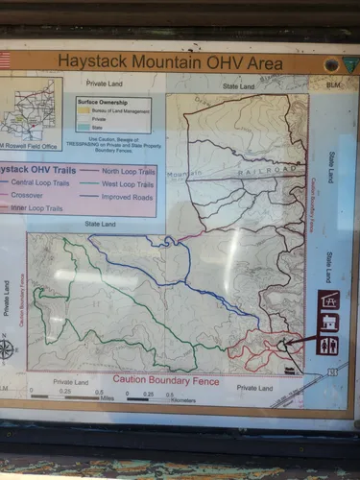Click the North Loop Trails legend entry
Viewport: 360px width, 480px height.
tap(129, 170)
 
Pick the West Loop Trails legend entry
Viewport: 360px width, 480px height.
tap(129, 183)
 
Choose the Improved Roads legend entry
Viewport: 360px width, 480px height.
tap(129, 196)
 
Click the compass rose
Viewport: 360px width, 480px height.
tap(7, 348)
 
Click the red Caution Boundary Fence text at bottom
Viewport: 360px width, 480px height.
tap(165, 380)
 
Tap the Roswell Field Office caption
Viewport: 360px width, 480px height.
tap(29, 144)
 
